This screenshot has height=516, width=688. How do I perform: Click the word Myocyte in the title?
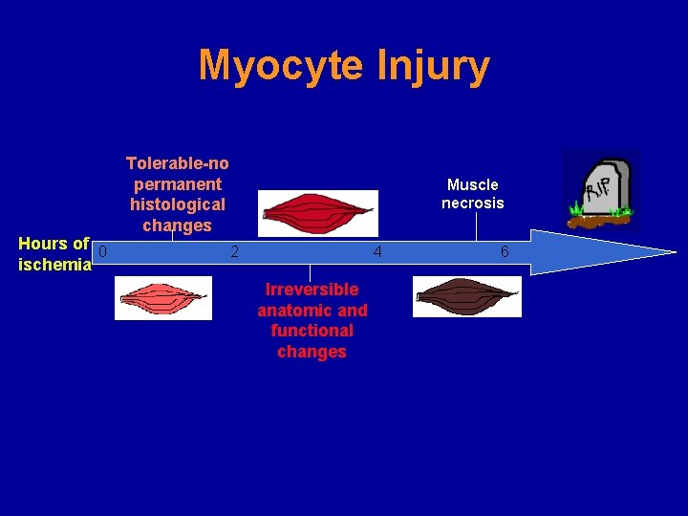coord(281,67)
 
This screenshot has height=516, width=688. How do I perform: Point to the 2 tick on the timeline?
coord(234,252)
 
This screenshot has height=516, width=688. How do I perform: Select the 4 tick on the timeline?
coord(377,252)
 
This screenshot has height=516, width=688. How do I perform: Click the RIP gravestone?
coord(602,188)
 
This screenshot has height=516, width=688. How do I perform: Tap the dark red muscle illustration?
coord(318,212)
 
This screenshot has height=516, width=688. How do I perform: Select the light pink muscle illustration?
coord(163,297)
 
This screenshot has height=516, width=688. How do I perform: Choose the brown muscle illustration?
coord(467,296)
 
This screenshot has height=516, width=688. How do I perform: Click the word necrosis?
coord(473,204)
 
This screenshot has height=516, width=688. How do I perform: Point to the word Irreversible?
coord(312,290)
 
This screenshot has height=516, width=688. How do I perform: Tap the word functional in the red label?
coord(312,331)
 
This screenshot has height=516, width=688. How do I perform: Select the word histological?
coord(178,204)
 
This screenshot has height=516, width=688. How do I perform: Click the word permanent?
coord(178,184)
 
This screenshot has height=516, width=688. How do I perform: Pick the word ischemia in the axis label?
coord(55,265)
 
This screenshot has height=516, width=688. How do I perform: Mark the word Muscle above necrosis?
coord(473,184)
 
